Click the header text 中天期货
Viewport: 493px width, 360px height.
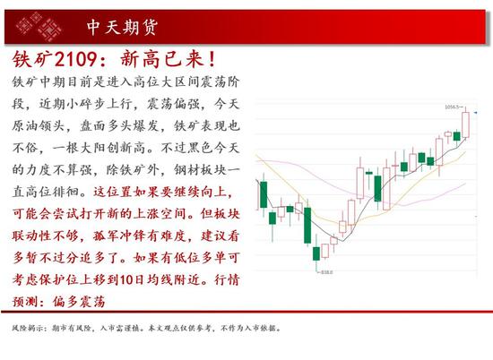122,27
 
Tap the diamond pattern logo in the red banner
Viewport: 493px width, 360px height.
39,26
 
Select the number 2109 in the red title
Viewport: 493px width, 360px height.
75,59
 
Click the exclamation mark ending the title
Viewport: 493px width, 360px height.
212,59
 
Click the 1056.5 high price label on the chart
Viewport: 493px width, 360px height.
452,107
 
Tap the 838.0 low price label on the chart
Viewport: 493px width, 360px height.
327,272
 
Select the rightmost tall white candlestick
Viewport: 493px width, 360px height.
465,124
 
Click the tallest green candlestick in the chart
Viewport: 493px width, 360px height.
307,225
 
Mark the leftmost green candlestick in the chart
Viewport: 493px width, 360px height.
264,194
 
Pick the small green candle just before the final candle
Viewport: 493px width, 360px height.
456,136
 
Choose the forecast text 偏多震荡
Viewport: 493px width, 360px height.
79,302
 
